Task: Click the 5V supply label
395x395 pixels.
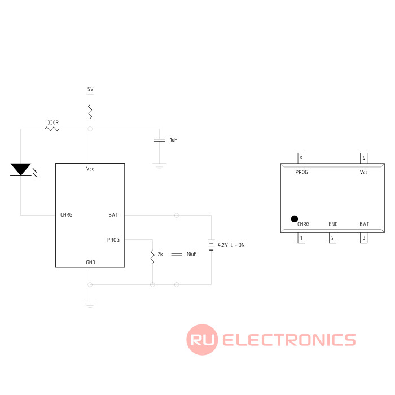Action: click(x=90, y=90)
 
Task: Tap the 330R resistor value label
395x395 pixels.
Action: click(x=53, y=122)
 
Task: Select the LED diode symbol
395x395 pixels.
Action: click(x=21, y=169)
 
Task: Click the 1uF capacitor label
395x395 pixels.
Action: click(x=173, y=139)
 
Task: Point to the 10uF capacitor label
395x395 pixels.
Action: click(x=191, y=254)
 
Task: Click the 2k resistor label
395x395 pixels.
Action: click(x=160, y=254)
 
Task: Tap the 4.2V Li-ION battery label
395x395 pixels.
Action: click(x=231, y=245)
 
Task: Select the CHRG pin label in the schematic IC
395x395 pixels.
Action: click(x=67, y=215)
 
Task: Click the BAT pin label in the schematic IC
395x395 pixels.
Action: click(x=113, y=215)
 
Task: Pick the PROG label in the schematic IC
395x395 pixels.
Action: click(x=113, y=240)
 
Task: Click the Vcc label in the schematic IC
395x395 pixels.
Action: click(x=90, y=169)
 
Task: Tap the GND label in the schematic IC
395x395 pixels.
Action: click(x=90, y=262)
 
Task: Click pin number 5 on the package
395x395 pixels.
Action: click(x=302, y=158)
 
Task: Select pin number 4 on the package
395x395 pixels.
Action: click(x=364, y=158)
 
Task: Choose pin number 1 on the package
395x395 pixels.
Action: click(x=302, y=238)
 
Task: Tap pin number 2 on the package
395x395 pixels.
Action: click(x=333, y=238)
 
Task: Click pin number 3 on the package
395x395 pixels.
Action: click(x=364, y=238)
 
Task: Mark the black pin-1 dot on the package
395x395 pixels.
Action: click(x=294, y=219)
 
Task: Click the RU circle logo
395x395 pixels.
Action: click(x=202, y=340)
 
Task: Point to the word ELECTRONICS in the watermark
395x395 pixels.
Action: click(x=289, y=340)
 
